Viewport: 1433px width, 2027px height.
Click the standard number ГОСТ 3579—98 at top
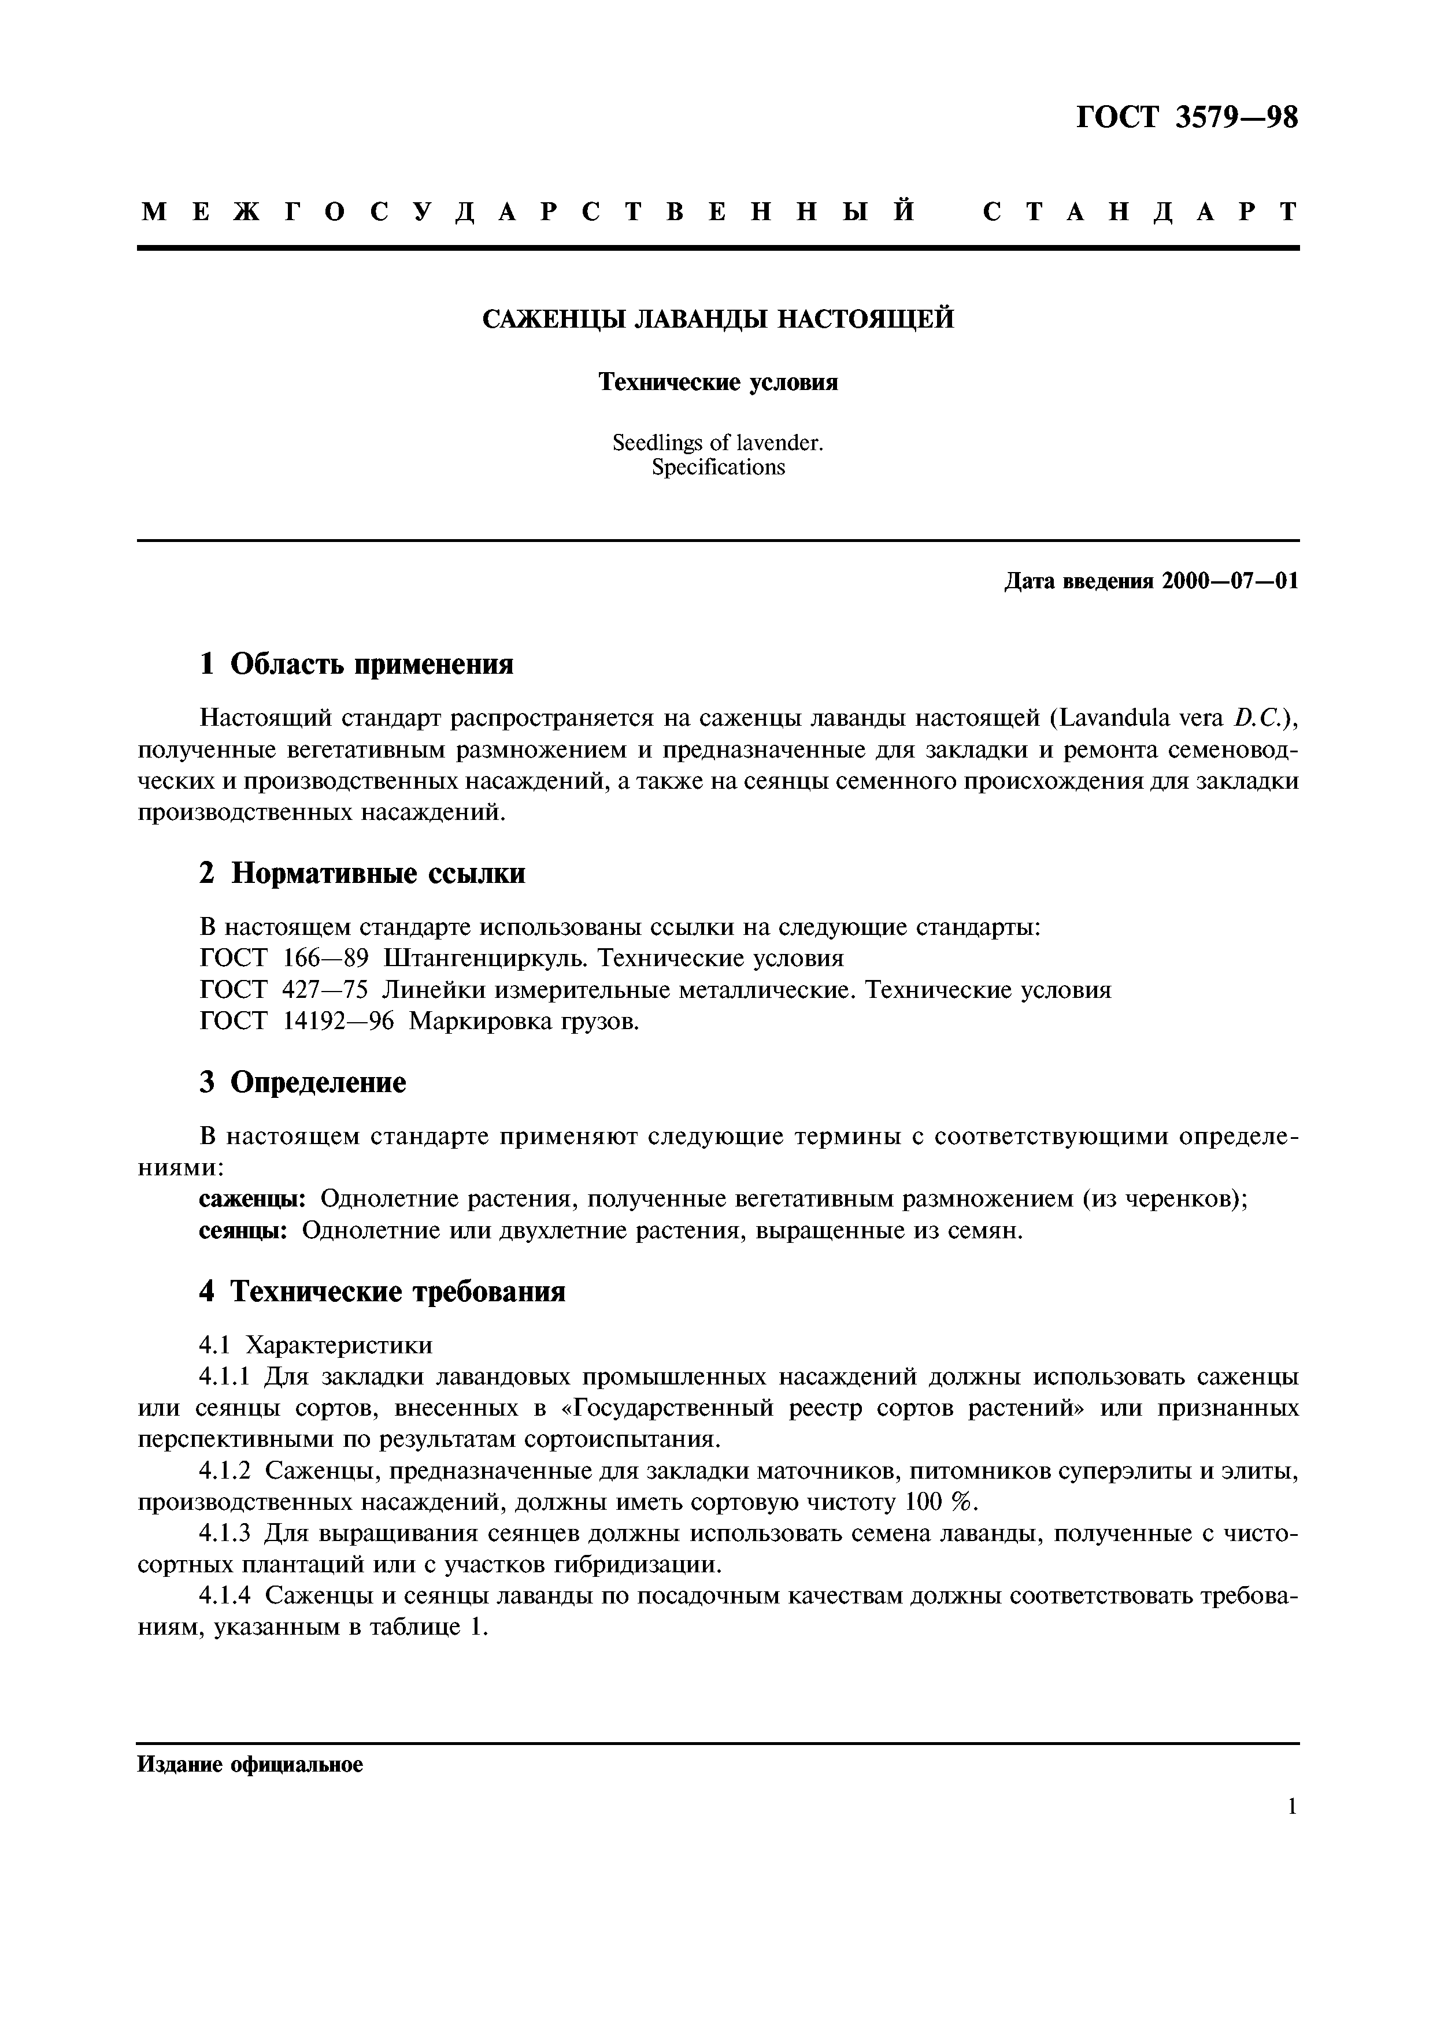(1187, 117)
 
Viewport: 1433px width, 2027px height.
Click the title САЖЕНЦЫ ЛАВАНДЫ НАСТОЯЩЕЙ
(718, 319)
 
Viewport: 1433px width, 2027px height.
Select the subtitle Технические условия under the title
(718, 383)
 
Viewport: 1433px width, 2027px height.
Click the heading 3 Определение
(303, 1082)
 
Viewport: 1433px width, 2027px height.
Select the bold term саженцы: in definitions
(253, 1200)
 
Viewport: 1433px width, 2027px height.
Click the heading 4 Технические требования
(382, 1293)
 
